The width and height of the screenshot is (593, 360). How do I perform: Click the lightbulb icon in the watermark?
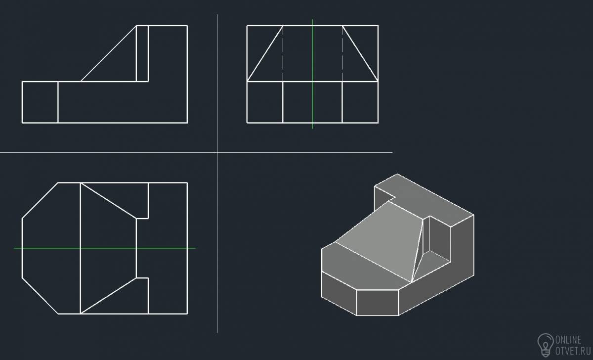click(546, 345)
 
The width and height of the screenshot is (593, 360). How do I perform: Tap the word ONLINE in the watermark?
click(568, 340)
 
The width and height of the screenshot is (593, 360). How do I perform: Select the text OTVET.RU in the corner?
click(573, 351)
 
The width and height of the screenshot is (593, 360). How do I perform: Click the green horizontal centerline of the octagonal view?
click(105, 248)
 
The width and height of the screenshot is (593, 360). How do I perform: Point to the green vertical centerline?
click(312, 74)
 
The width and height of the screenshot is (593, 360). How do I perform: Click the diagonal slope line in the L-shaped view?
click(109, 53)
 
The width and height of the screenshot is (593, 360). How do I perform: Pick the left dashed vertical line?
click(283, 53)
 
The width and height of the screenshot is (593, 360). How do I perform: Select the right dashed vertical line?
click(342, 53)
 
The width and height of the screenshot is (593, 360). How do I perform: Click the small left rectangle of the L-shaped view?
click(40, 102)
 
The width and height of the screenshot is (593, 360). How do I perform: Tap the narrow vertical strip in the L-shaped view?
click(142, 53)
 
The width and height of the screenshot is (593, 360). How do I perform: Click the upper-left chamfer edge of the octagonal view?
click(40, 201)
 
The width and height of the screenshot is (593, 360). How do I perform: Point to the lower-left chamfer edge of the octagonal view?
click(40, 296)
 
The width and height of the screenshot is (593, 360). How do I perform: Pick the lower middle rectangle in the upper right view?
click(312, 102)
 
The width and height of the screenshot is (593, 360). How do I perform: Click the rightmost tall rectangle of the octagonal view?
click(168, 248)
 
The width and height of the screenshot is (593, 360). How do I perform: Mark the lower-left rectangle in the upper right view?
click(265, 102)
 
